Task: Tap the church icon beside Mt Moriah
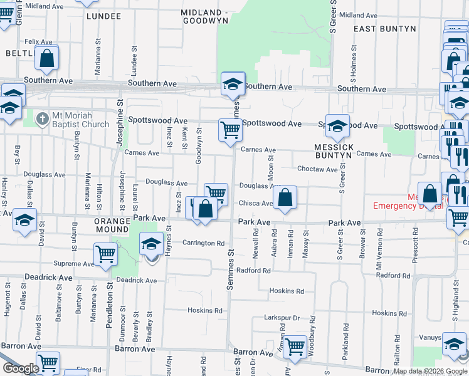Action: (x=42, y=118)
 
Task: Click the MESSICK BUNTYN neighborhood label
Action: (x=334, y=151)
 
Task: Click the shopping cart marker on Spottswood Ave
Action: (x=230, y=130)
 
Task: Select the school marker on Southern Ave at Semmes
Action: (x=233, y=84)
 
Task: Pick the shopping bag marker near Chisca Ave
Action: (x=285, y=197)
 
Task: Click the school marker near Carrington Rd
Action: (x=151, y=243)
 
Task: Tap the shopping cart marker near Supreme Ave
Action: (x=105, y=254)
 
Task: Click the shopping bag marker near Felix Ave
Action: (x=47, y=58)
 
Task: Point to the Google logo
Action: (x=21, y=368)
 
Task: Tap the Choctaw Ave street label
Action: (x=317, y=169)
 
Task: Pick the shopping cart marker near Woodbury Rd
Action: (x=295, y=346)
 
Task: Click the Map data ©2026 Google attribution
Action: (x=429, y=371)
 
